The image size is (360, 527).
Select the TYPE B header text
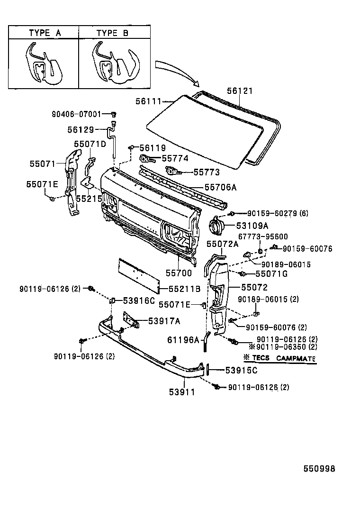pos(113,33)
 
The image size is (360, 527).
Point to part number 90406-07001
pos(76,114)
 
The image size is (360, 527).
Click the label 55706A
pos(220,187)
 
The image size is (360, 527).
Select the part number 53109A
pos(246,225)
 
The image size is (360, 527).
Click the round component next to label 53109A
pos(218,224)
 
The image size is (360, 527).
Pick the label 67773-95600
pos(263,236)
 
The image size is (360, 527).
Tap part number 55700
pos(179,273)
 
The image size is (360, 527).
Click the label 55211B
pos(185,288)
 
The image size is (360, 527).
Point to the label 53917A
pos(164,321)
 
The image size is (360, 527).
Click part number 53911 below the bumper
pos(182,392)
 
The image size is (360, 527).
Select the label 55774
pos(175,159)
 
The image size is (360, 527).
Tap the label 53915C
pos(241,370)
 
